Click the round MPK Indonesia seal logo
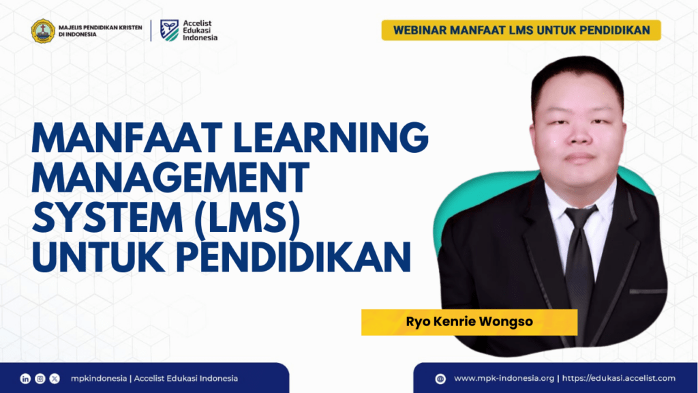tap(43, 31)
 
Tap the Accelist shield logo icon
tap(170, 30)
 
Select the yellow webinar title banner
tap(521, 30)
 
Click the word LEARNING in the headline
tap(331, 138)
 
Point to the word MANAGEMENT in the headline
tap(170, 178)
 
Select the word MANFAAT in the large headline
tap(127, 138)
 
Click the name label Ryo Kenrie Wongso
tap(469, 322)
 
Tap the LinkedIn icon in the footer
tap(25, 379)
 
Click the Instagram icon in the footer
tap(40, 379)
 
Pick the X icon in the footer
tap(55, 379)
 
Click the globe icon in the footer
tap(440, 379)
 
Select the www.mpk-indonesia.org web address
tap(504, 379)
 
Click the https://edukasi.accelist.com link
tap(619, 379)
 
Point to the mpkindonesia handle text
tap(99, 379)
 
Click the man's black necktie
tap(581, 267)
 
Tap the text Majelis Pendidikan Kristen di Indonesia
tap(101, 31)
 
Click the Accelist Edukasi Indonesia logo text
tap(200, 30)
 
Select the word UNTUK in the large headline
tap(98, 257)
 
